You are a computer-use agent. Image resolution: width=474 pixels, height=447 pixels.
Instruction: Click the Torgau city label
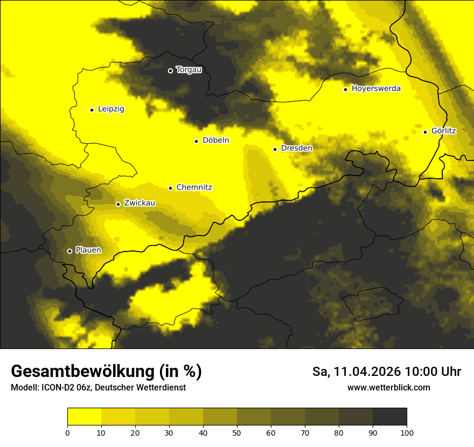(189, 70)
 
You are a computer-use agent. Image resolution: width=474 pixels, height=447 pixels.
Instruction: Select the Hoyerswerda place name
(376, 89)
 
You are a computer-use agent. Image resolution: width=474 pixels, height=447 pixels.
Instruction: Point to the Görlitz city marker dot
(425, 132)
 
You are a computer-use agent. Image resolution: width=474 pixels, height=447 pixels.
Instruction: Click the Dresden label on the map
(296, 148)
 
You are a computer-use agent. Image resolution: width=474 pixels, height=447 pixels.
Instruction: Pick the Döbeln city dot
(196, 141)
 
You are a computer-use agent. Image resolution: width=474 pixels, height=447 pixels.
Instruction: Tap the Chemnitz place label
(194, 187)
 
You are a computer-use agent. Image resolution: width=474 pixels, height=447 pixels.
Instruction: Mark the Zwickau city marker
(118, 204)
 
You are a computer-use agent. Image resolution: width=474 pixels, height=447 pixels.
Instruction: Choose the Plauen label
(88, 250)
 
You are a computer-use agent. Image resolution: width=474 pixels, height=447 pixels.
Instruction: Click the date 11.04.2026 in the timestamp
(367, 372)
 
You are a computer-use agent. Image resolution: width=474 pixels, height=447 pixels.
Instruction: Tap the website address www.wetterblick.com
(388, 388)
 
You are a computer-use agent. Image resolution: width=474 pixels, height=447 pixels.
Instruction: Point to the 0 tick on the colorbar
(67, 432)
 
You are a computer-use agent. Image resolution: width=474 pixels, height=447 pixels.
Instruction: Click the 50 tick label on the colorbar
(237, 432)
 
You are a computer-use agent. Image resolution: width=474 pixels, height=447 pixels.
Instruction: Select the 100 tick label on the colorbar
(407, 432)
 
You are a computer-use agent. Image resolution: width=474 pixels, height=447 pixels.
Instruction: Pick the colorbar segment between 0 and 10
(84, 416)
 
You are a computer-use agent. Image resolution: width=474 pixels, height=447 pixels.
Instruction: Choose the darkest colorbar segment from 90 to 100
(389, 416)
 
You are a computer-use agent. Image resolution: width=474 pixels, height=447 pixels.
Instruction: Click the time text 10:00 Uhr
(433, 372)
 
